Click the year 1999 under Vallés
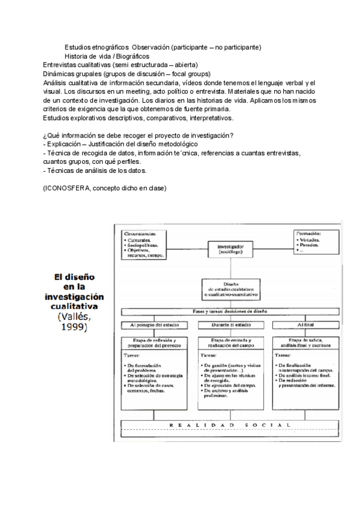[x=72, y=328]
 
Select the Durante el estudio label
[x=234, y=325]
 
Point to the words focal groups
[x=176, y=73]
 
